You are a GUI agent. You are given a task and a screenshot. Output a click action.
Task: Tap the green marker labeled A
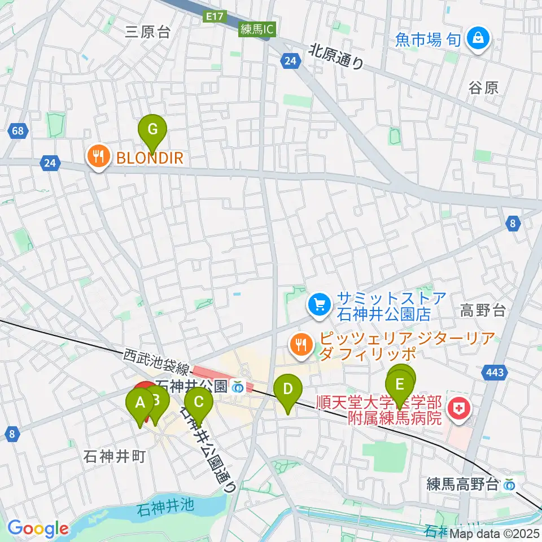coord(139,403)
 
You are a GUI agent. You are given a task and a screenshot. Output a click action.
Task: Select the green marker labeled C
coord(199,402)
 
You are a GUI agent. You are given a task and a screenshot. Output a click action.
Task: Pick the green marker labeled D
coord(288,389)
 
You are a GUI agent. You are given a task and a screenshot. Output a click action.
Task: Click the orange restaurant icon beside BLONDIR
coord(99,156)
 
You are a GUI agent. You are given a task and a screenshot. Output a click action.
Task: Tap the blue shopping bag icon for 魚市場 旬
coord(478,39)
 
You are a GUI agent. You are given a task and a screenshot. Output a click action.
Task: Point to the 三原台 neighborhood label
coord(148,32)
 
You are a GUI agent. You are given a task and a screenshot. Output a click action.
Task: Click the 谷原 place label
coord(483,88)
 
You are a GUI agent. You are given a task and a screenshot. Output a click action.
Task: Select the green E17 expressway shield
coord(213,18)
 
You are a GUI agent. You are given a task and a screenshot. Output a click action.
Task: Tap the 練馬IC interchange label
coord(256,30)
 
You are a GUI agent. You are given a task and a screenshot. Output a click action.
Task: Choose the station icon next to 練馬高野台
coord(510,484)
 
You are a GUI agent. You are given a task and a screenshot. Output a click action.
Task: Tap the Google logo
coord(38,528)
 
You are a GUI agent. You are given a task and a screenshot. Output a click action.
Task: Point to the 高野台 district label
coord(483,310)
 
